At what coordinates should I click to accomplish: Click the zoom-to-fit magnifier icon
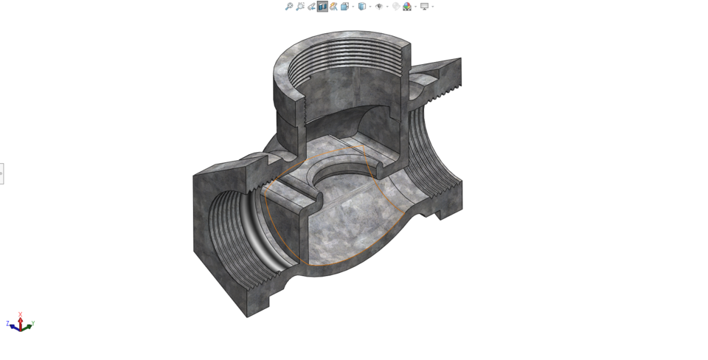coord(289,7)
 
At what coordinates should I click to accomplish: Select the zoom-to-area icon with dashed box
coord(300,7)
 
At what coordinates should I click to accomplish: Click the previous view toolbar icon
coord(311,7)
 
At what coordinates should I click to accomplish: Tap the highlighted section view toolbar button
coord(322,7)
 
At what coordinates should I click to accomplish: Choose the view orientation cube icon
coord(344,7)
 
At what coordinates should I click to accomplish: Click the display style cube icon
coord(361,7)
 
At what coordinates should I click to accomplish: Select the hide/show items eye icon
coord(379,7)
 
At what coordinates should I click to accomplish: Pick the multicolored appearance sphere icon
coord(407,7)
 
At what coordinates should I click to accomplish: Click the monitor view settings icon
coord(424,7)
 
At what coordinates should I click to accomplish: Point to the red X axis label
coord(20,315)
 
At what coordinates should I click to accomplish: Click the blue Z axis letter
coord(7,323)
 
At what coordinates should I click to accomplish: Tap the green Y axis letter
coord(32,323)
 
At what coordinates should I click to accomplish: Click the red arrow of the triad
coord(20,321)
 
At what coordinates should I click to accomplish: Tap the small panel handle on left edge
coord(1,173)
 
